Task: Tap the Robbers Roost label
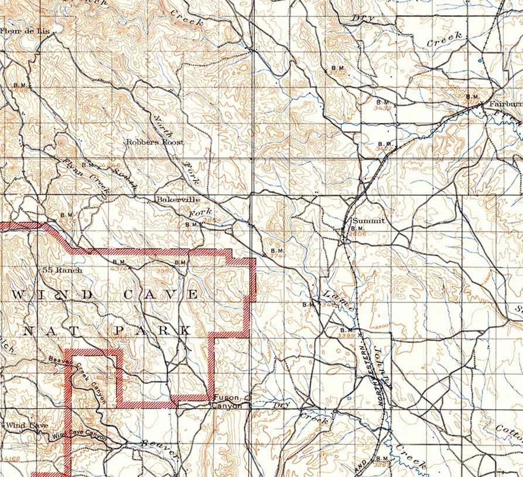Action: (155, 142)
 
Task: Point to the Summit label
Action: (368, 221)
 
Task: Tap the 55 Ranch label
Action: (62, 270)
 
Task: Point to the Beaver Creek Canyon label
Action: (78, 374)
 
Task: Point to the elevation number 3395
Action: (345, 336)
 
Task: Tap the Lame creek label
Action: (338, 301)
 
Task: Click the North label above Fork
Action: (163, 126)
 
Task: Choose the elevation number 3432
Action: (383, 108)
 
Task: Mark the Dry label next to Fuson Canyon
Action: (281, 405)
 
